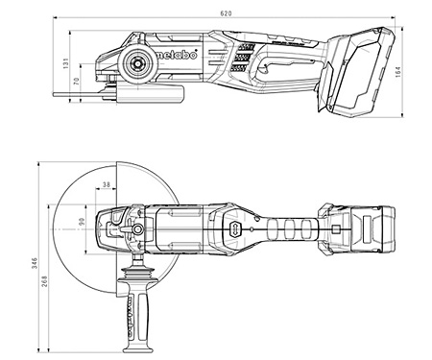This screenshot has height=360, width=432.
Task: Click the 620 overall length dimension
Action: coord(225,13)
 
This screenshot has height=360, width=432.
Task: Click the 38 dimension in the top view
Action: coord(107,183)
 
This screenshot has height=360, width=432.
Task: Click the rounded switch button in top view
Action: coord(232,228)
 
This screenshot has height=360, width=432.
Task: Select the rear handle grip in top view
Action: coord(288,228)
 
